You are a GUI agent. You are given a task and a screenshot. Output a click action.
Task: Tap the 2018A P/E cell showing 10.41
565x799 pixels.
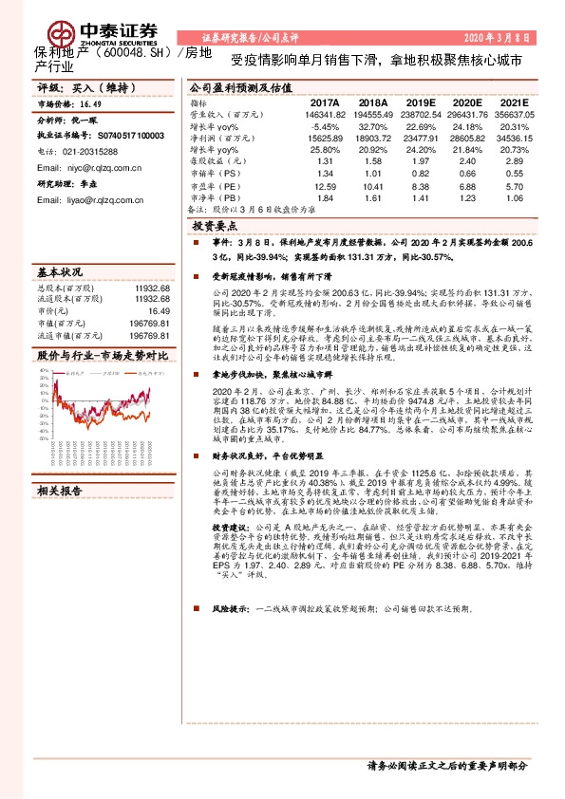pyautogui.click(x=372, y=187)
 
